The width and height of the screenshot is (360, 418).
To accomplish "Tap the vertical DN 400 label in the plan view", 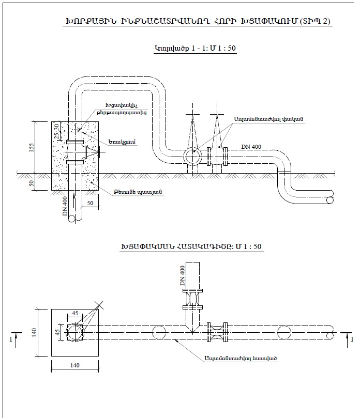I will pyautogui.click(x=182, y=276).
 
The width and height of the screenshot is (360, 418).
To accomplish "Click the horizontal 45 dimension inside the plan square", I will pyautogui.click(x=75, y=314).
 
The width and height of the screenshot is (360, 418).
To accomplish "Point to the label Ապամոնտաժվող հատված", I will pyautogui.click(x=241, y=358).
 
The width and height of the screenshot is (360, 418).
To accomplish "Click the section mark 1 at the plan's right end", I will pyautogui.click(x=352, y=339).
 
